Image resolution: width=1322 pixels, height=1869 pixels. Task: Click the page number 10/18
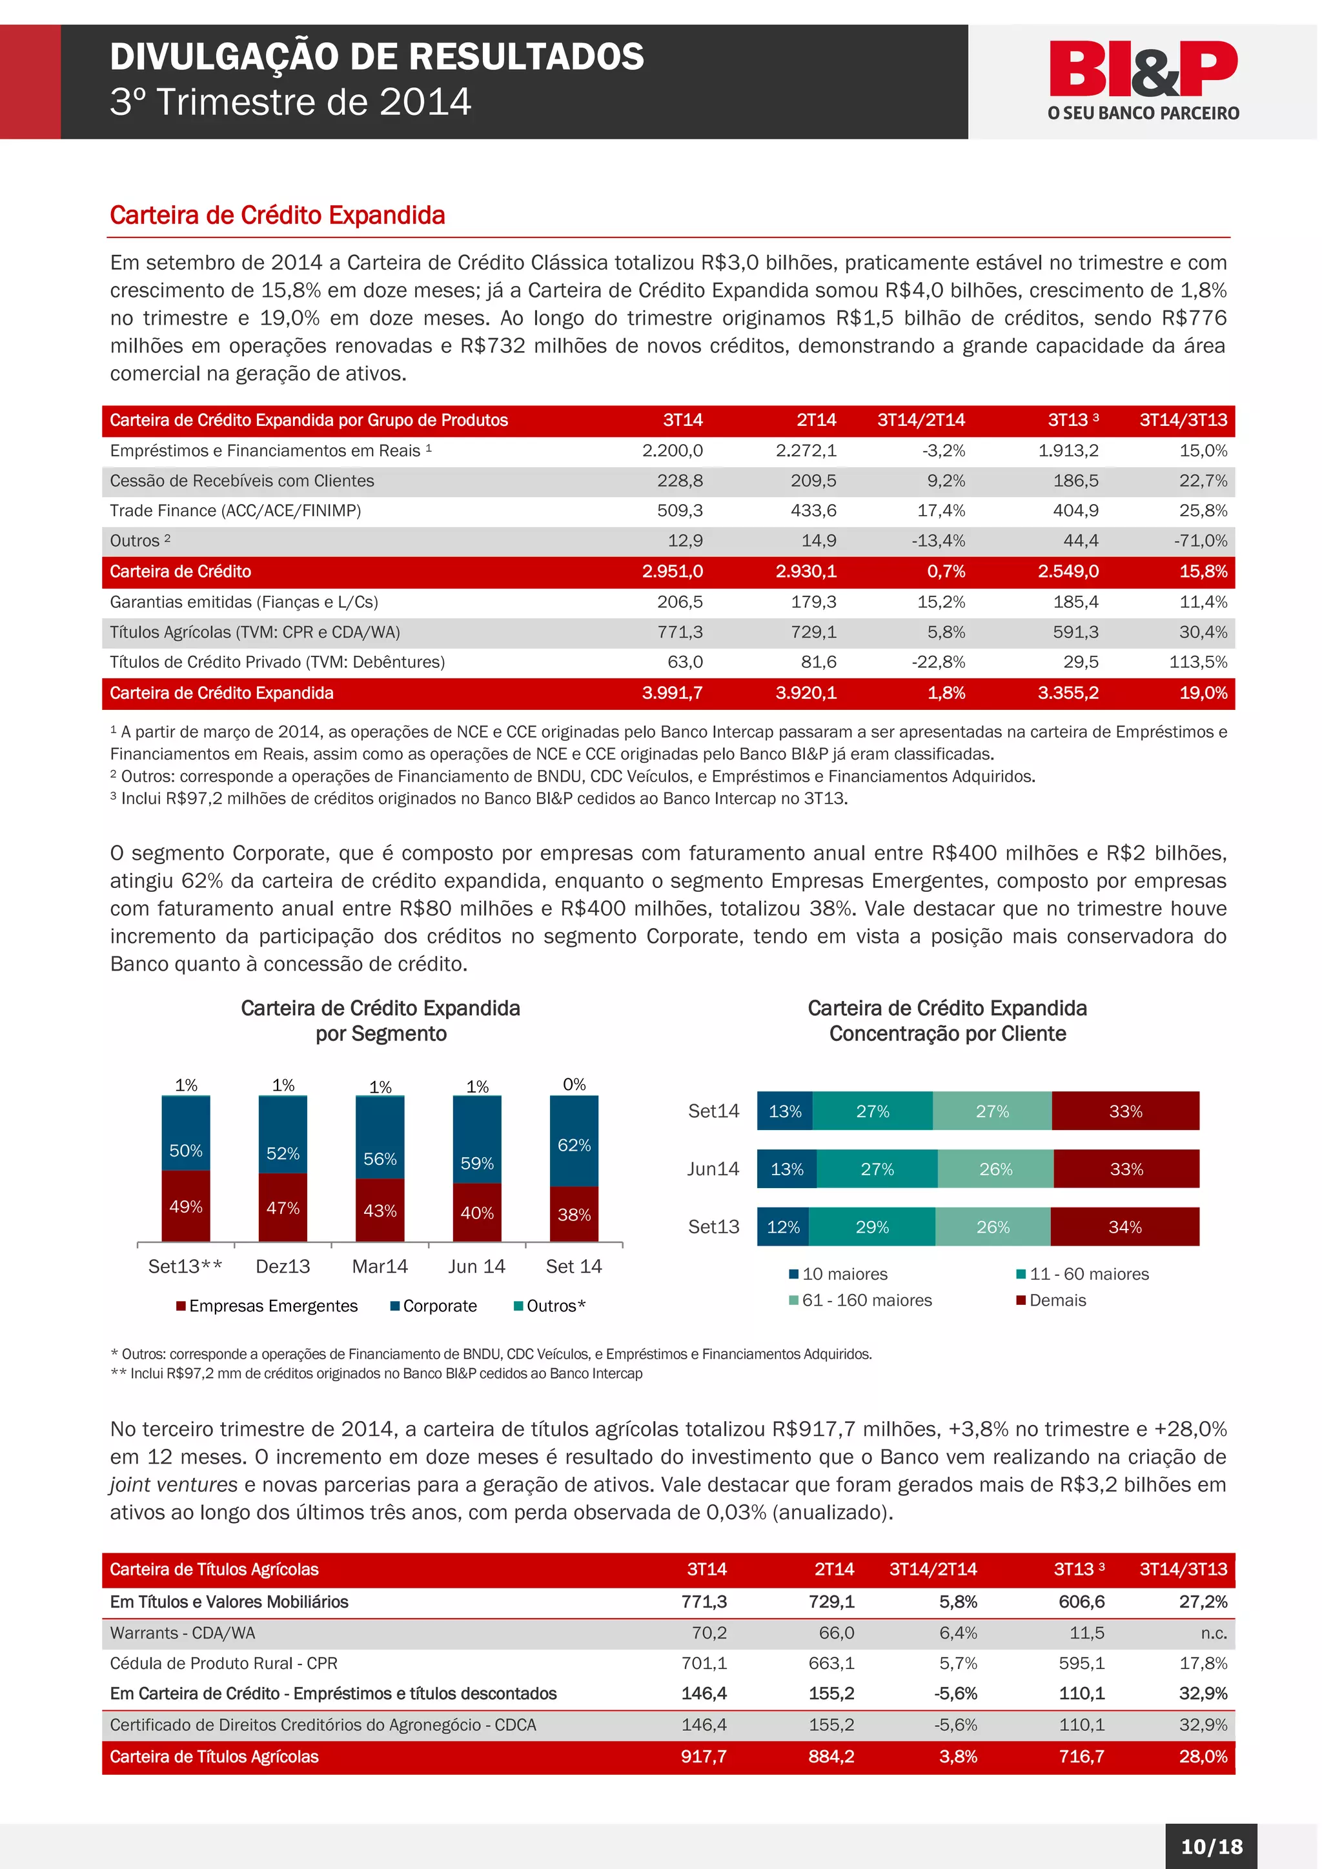1211,1846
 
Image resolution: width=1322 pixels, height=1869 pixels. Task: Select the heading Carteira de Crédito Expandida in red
278,216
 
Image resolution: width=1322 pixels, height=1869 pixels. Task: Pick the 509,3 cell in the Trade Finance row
680,510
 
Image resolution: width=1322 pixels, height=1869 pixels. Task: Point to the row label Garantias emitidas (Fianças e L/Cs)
243,601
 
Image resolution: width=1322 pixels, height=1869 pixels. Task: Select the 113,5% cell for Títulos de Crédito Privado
1197,662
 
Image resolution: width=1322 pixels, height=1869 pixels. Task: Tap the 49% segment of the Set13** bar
186,1206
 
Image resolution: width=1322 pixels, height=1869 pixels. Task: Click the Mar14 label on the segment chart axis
380,1267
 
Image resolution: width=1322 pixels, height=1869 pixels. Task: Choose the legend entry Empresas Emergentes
272,1306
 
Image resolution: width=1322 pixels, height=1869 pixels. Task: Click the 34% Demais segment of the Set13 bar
1125,1227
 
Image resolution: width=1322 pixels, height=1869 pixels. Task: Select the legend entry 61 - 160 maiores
866,1300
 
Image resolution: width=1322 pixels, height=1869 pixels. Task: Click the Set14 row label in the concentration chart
713,1111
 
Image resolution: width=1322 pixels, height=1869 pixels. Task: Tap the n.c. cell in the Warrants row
1214,1633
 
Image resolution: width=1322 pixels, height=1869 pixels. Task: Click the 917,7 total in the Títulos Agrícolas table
704,1756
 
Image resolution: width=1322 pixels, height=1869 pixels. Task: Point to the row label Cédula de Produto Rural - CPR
223,1663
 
